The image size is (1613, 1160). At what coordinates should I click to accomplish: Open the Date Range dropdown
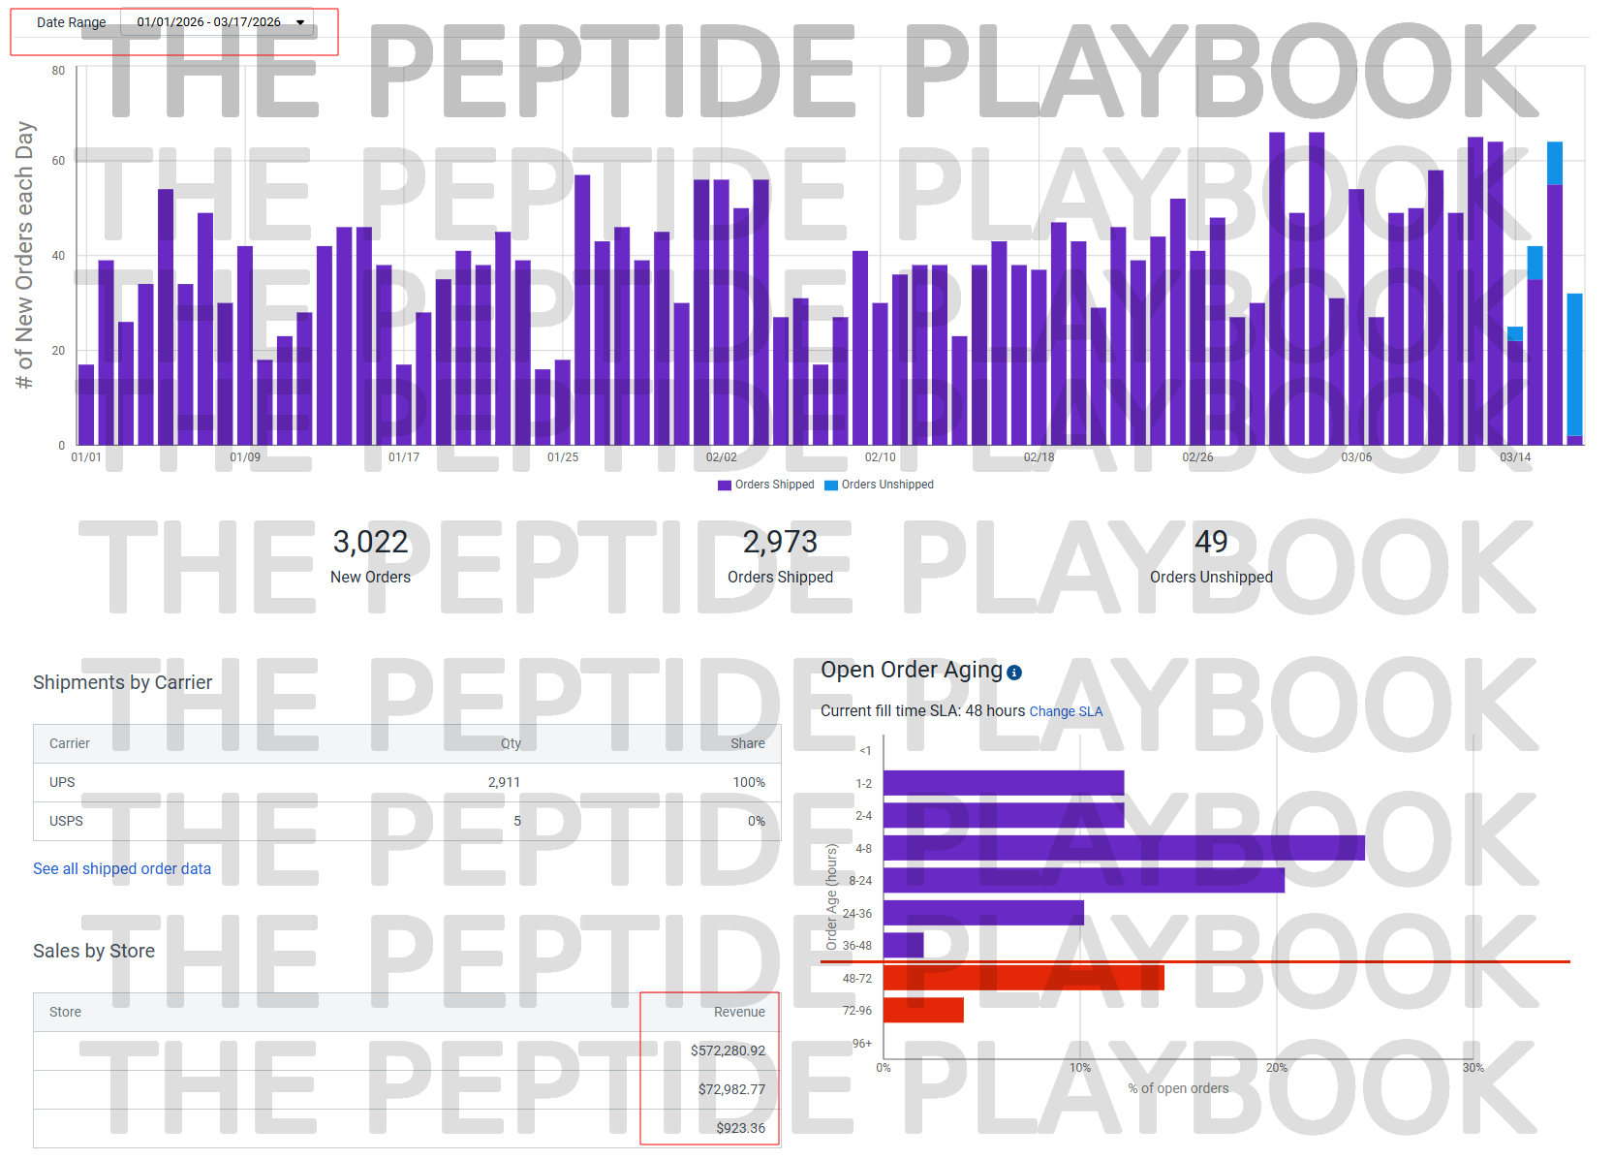(x=217, y=22)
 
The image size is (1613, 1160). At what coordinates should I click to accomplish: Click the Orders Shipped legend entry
(x=766, y=485)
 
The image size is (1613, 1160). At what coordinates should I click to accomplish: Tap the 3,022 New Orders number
(x=370, y=542)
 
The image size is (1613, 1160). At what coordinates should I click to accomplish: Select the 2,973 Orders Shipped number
(x=780, y=542)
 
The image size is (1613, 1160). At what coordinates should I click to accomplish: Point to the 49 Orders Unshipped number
(x=1211, y=542)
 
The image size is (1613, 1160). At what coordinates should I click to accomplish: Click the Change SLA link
(x=1066, y=711)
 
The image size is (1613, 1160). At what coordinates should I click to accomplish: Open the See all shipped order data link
(x=122, y=869)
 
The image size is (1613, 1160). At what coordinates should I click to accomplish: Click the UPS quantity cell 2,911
(x=504, y=782)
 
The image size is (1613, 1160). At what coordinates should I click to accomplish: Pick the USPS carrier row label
(x=66, y=821)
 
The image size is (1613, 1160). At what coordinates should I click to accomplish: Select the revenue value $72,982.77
(x=731, y=1089)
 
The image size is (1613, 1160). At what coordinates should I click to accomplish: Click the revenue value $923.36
(x=740, y=1128)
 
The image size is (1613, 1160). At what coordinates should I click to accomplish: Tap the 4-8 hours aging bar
(x=1124, y=848)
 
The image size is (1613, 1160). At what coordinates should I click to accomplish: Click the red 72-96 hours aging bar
(x=923, y=1011)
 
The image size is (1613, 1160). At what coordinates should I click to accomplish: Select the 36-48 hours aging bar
(x=903, y=946)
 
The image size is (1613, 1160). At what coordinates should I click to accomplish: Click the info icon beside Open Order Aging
(x=1014, y=673)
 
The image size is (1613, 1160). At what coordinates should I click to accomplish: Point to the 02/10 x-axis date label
(x=880, y=457)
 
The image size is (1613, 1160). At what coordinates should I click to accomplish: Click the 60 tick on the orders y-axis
(x=59, y=161)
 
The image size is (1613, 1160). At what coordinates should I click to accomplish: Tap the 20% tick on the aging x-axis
(x=1276, y=1068)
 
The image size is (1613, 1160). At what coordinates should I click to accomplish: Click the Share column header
(x=747, y=743)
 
